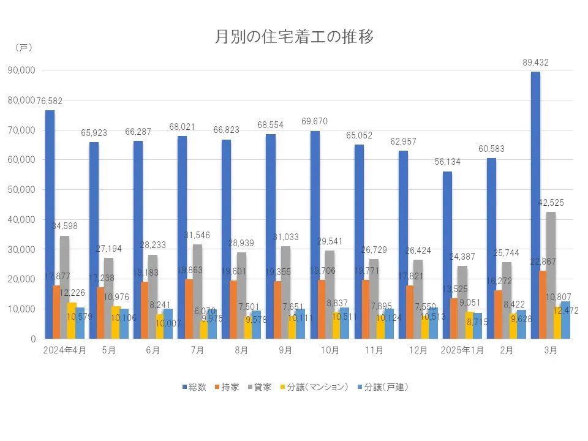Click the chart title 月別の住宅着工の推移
pyautogui.click(x=294, y=37)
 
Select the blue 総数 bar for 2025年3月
pyautogui.click(x=535, y=205)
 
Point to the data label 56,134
pyautogui.click(x=447, y=162)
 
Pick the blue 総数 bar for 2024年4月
pyautogui.click(x=50, y=224)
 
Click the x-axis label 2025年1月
pyautogui.click(x=461, y=350)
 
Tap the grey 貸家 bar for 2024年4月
pyautogui.click(x=64, y=287)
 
